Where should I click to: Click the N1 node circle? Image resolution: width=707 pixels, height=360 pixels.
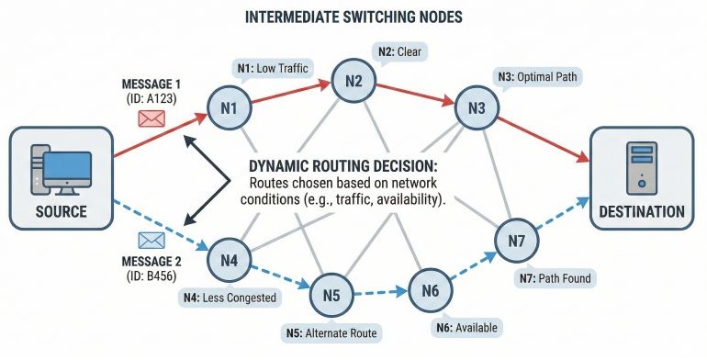[230, 110]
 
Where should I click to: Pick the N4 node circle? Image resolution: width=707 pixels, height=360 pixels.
[230, 260]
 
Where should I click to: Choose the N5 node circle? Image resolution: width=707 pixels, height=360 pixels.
[331, 295]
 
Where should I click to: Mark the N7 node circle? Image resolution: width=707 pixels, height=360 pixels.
[516, 242]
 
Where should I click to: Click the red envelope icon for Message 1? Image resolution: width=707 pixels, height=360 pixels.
[150, 118]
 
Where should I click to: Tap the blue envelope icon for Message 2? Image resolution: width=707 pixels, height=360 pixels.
[150, 241]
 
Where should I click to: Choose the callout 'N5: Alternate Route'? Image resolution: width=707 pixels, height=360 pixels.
[331, 332]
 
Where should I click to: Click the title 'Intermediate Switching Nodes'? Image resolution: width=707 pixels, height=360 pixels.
[353, 17]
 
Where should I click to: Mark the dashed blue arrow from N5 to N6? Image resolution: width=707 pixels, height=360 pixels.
[380, 293]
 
